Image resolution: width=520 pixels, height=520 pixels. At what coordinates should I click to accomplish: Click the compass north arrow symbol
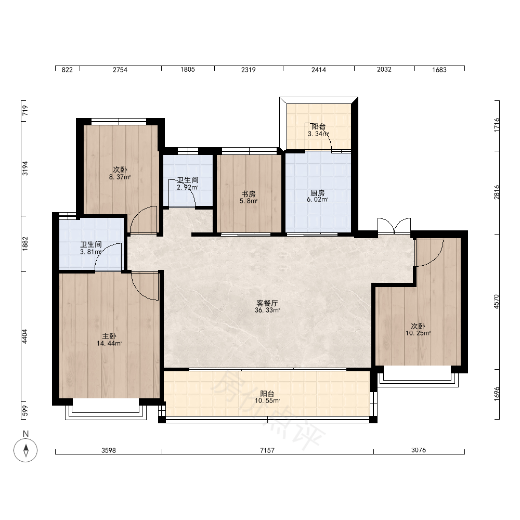[25, 450]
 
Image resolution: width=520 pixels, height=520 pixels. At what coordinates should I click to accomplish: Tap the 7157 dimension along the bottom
[267, 450]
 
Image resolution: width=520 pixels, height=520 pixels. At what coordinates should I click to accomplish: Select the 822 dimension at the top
[67, 70]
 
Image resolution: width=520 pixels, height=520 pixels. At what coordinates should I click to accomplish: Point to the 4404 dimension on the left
[25, 336]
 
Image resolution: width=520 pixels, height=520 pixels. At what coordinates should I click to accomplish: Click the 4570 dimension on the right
[496, 302]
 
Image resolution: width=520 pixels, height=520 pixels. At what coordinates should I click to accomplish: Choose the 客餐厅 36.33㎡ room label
[267, 307]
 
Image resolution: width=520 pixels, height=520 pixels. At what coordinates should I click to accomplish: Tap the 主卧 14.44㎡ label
[109, 340]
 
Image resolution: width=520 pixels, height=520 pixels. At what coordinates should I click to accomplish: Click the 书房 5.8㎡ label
[249, 197]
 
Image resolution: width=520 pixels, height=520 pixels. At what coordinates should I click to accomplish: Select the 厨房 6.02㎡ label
[317, 196]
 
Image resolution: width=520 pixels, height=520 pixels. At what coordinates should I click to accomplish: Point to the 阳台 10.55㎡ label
[267, 397]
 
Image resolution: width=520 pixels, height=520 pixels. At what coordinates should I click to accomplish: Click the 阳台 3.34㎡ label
[318, 131]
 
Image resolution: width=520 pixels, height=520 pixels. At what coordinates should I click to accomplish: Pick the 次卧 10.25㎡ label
[418, 330]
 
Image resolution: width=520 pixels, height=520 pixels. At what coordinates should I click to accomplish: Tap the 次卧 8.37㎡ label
[120, 174]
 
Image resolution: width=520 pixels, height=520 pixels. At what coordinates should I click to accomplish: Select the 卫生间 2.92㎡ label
[188, 184]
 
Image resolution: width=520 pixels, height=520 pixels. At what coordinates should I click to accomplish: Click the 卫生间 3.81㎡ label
[91, 248]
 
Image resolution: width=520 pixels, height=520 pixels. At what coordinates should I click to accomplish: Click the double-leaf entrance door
[394, 226]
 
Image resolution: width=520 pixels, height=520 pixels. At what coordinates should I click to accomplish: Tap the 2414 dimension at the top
[318, 70]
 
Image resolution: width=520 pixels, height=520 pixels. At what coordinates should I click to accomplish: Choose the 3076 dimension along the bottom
[419, 450]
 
